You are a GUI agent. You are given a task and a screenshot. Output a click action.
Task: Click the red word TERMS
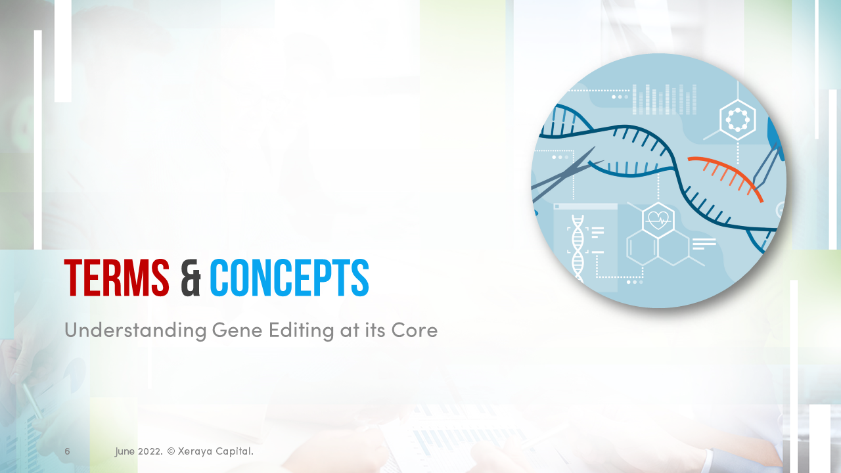(x=116, y=278)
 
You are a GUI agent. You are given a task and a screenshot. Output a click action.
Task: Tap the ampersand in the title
(x=190, y=278)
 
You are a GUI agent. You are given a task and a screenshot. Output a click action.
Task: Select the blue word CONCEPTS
(x=289, y=278)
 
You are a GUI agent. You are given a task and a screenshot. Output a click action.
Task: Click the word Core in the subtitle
(x=415, y=330)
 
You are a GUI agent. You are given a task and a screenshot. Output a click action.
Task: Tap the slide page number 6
(x=67, y=451)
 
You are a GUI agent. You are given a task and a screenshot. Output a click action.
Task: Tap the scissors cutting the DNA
(x=565, y=174)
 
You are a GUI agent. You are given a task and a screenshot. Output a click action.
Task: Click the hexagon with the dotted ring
(x=737, y=120)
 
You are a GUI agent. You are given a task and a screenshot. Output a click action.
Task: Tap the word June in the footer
(x=125, y=451)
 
